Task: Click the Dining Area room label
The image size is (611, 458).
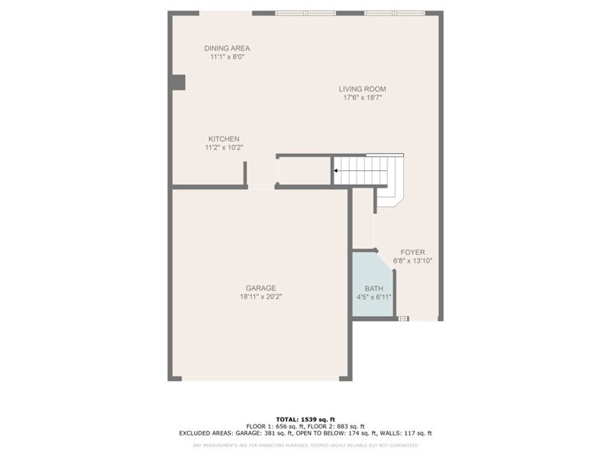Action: (x=227, y=48)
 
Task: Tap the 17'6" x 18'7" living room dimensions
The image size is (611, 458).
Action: (x=362, y=98)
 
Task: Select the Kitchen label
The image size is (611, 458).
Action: (x=223, y=139)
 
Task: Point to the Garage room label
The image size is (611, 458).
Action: (x=260, y=288)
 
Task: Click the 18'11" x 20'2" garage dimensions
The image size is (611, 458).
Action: (x=260, y=297)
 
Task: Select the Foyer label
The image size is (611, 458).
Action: (x=412, y=252)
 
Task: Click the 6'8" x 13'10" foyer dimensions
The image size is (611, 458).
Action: (x=412, y=260)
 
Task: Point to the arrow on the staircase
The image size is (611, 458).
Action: (x=338, y=171)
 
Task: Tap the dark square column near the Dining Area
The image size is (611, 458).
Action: (x=178, y=82)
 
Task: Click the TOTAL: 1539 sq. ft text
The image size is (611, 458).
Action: (x=305, y=419)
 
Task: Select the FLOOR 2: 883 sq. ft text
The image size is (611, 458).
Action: (x=338, y=426)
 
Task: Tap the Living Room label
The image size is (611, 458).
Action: (x=362, y=89)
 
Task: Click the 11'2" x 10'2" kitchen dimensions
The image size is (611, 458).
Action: (x=223, y=147)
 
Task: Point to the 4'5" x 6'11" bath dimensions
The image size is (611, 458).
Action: (x=373, y=297)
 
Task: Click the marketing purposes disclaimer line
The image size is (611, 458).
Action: (x=305, y=444)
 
